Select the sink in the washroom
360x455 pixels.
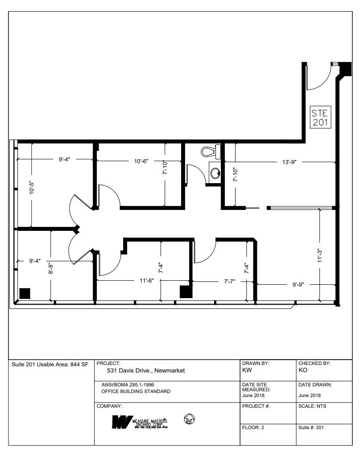pos(215,172)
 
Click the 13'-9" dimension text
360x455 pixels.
pos(290,162)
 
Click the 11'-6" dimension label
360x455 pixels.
pos(146,281)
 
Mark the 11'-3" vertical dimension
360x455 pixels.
pos(319,256)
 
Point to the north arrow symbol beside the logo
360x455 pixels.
pos(189,419)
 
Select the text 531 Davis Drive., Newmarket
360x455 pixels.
pos(146,370)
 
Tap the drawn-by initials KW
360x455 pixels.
pos(247,370)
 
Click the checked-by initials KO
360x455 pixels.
pos(303,370)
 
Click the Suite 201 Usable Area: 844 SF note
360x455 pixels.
pos(50,365)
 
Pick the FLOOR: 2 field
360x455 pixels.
pos(253,427)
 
